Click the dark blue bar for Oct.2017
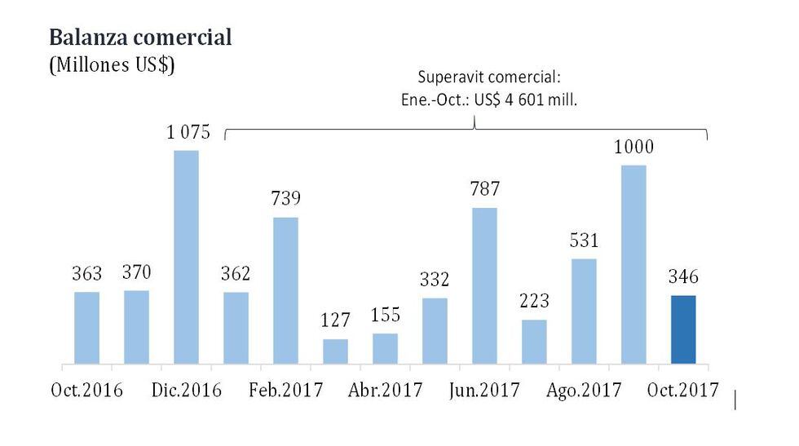tap(683, 329)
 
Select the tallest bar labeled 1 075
tap(186, 257)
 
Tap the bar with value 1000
tap(633, 264)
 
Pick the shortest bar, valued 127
tap(335, 351)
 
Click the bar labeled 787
tap(484, 285)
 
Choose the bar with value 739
tap(285, 290)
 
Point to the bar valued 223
tap(534, 342)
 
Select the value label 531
tap(584, 242)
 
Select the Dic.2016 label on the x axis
tap(186, 390)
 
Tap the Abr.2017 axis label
tap(385, 390)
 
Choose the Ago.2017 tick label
tap(584, 390)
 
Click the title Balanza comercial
tap(140, 38)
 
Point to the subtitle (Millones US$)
tap(112, 66)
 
